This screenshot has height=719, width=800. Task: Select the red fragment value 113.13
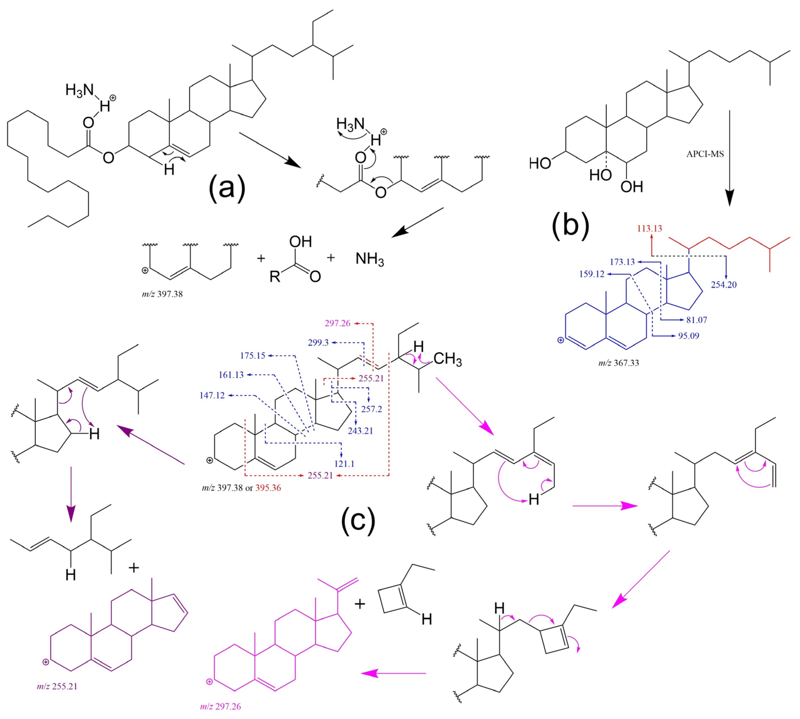coord(650,228)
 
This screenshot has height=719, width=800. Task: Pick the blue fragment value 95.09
coord(688,336)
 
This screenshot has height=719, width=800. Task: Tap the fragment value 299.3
coord(318,343)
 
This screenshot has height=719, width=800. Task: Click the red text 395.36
coord(268,488)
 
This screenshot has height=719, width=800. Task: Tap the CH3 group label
coord(448,359)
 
